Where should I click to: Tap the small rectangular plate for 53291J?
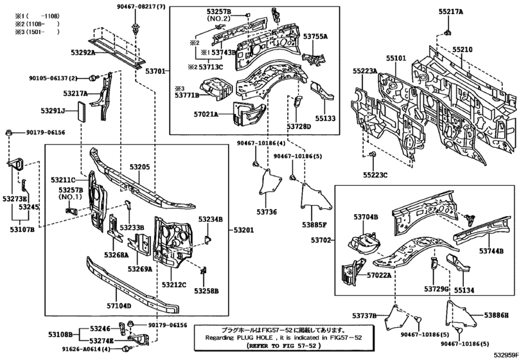point(83,110)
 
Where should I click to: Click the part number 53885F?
point(315,225)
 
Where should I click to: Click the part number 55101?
point(396,59)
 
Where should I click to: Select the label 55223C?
point(375,174)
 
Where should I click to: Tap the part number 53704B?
point(364,217)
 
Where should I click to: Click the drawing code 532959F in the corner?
point(506,354)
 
